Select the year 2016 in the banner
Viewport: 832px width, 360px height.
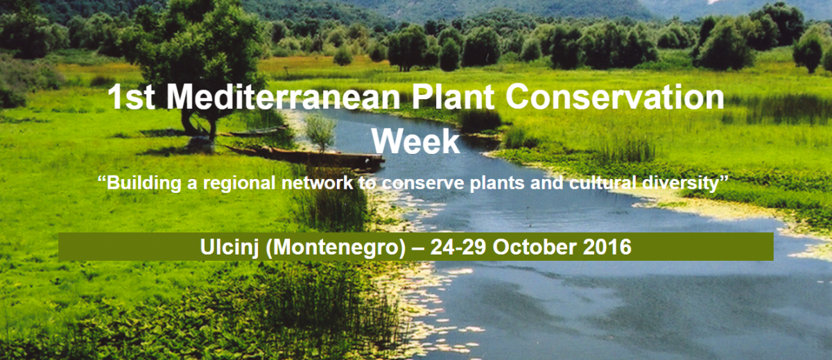pos(607,247)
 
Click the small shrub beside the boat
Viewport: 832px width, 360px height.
pos(320,132)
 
